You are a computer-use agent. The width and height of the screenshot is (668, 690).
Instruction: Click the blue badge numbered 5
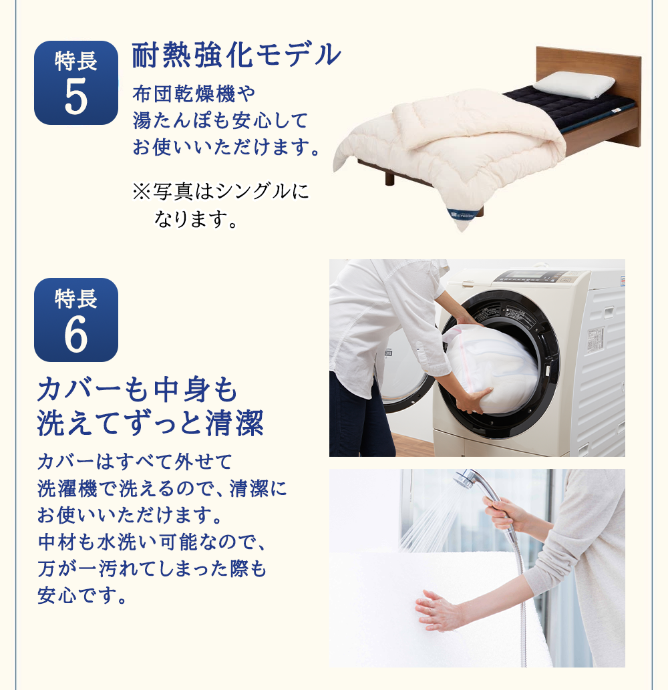click(x=75, y=83)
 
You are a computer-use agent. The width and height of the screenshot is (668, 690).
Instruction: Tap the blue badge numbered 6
click(x=75, y=320)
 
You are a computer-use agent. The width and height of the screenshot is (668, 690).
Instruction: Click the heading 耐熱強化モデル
click(x=236, y=55)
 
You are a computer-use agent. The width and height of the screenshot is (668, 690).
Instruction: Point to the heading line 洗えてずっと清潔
click(x=150, y=423)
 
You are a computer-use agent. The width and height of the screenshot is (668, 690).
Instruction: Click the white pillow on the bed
click(x=574, y=85)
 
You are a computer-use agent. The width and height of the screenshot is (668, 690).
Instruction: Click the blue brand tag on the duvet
click(x=461, y=214)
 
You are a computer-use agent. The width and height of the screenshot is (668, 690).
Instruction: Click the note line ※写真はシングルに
click(x=221, y=192)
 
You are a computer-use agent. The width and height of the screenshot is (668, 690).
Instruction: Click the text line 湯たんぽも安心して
click(x=220, y=121)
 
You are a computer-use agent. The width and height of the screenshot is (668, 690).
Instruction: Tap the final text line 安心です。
click(x=82, y=594)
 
